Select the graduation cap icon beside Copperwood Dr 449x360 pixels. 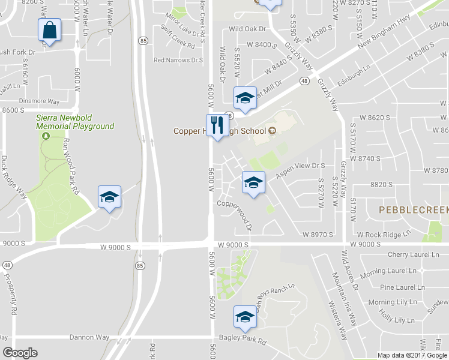(x=253, y=182)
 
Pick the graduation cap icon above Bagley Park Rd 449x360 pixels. (x=245, y=317)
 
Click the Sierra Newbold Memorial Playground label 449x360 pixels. (x=74, y=122)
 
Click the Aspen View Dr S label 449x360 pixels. (x=300, y=171)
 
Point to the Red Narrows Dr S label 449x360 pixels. (x=178, y=60)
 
